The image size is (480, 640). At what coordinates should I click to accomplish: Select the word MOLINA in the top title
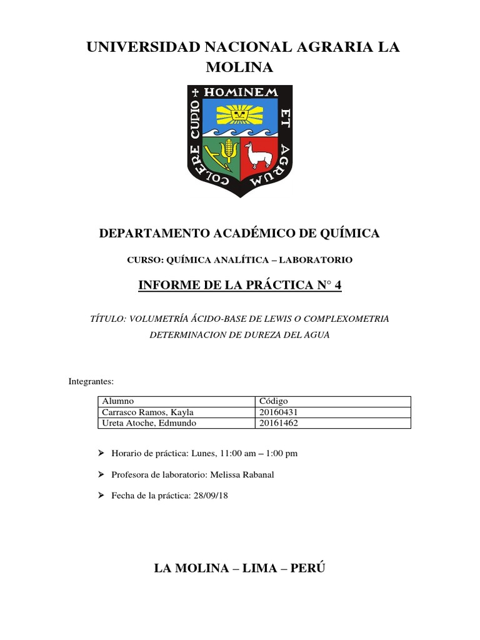240,67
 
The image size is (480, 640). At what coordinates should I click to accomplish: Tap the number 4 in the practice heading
339,286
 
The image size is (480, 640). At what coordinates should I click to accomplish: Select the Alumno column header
118,401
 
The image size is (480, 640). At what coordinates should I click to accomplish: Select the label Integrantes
90,381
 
